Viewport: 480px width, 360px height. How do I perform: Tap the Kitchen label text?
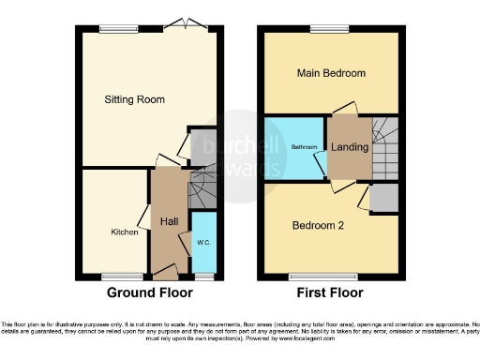point(125,232)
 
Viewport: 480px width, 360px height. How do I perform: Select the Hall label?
point(170,221)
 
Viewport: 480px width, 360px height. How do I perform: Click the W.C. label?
point(203,243)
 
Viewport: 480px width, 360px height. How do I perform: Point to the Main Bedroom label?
point(330,73)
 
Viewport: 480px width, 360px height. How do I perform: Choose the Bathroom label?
point(303,147)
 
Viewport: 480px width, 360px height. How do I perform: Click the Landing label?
point(350,147)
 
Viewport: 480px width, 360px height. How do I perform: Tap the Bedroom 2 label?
point(319,225)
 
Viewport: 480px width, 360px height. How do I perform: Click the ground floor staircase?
point(202,189)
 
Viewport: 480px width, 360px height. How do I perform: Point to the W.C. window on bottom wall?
point(203,277)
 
